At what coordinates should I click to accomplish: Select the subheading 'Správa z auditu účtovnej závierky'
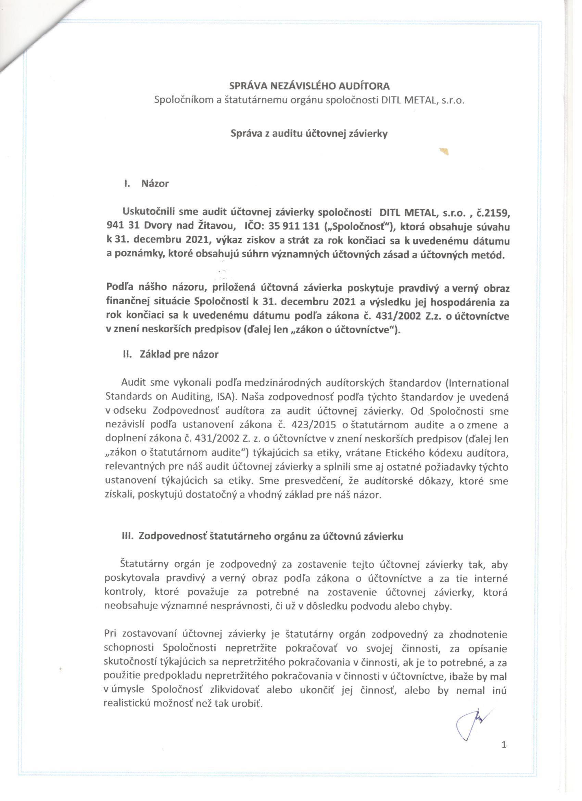point(309,134)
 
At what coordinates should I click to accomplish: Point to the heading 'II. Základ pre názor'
point(171,354)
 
